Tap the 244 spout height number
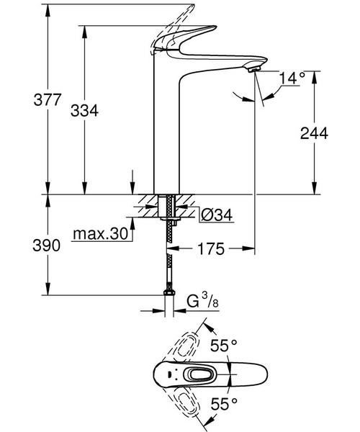tap(314, 133)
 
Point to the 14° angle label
tap(292, 77)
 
